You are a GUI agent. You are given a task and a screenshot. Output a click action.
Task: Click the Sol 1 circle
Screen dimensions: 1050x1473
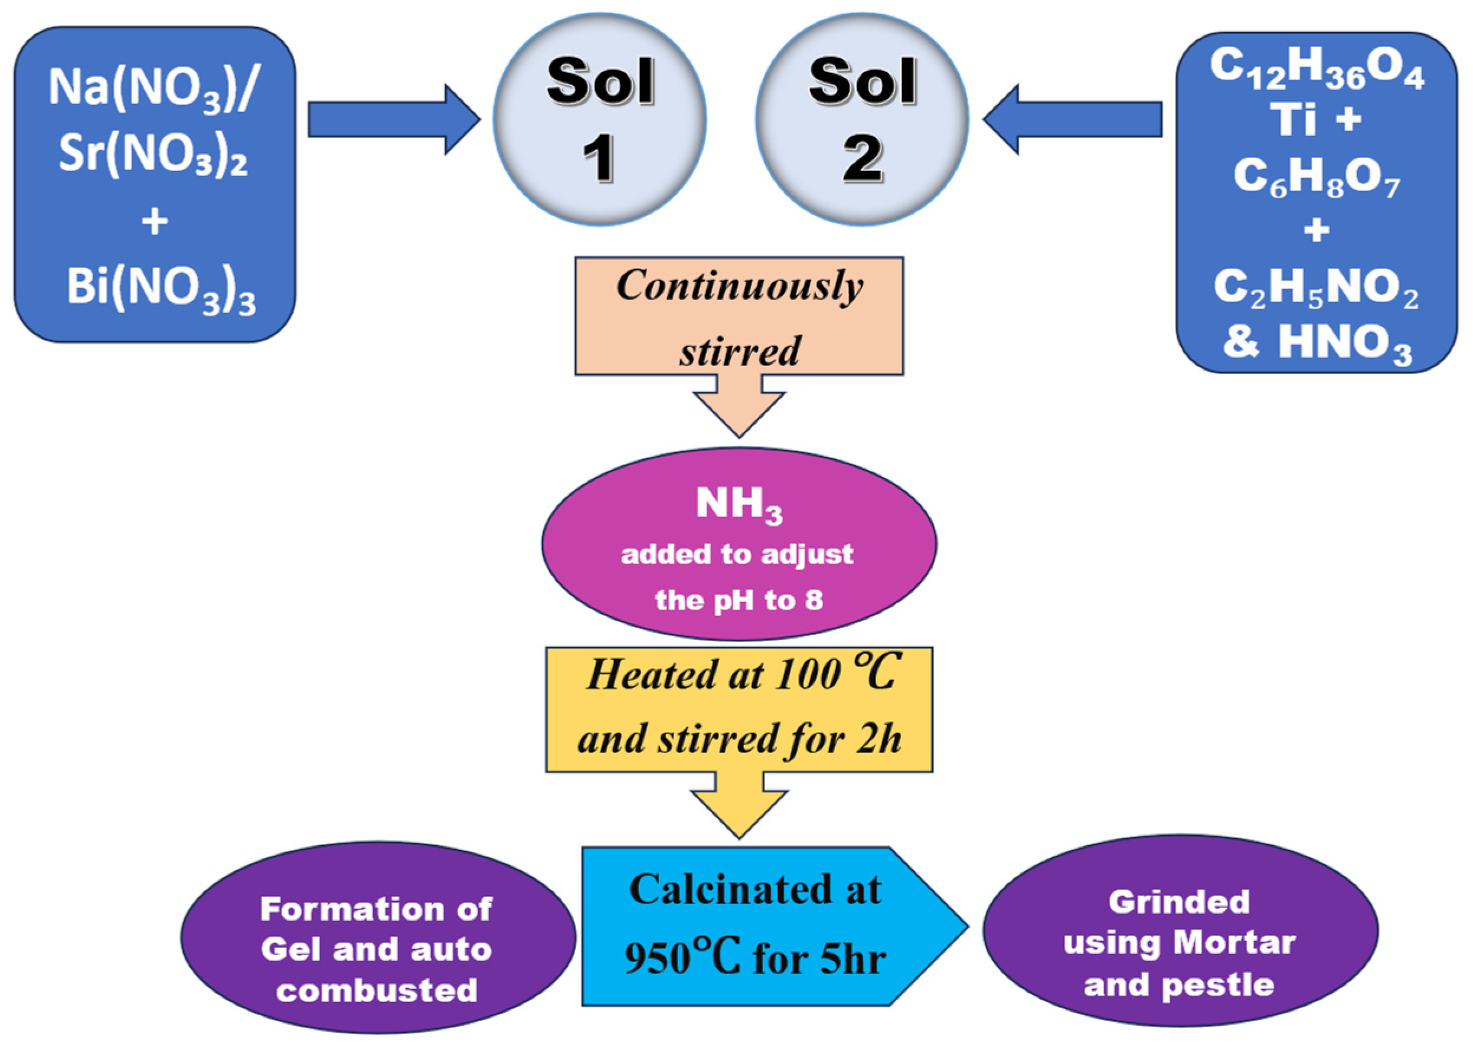point(599,120)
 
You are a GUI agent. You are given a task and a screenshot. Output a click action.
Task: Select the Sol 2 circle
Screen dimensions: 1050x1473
point(862,120)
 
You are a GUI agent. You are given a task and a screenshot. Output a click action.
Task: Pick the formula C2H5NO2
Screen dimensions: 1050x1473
point(1316,287)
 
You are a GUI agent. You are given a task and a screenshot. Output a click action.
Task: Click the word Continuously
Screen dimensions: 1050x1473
point(739,286)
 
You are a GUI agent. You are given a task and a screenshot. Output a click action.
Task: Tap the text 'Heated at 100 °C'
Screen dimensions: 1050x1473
point(739,675)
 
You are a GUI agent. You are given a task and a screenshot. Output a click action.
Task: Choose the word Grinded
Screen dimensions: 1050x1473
point(1179,902)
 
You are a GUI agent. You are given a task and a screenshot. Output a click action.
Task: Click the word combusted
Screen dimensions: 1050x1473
point(377,990)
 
